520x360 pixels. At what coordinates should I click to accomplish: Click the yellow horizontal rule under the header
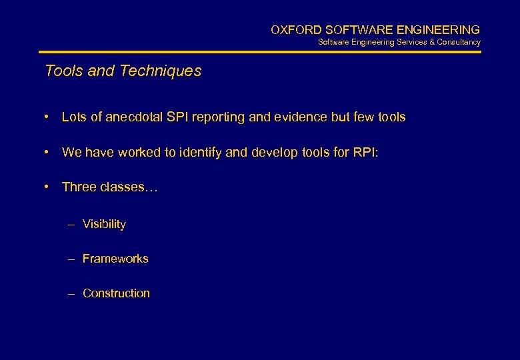[x=260, y=52]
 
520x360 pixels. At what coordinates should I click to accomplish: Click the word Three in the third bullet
[x=79, y=187]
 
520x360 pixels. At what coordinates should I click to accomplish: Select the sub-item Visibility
[x=104, y=224]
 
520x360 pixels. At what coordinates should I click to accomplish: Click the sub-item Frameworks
[x=115, y=259]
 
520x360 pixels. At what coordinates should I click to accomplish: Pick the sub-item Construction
[x=116, y=293]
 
